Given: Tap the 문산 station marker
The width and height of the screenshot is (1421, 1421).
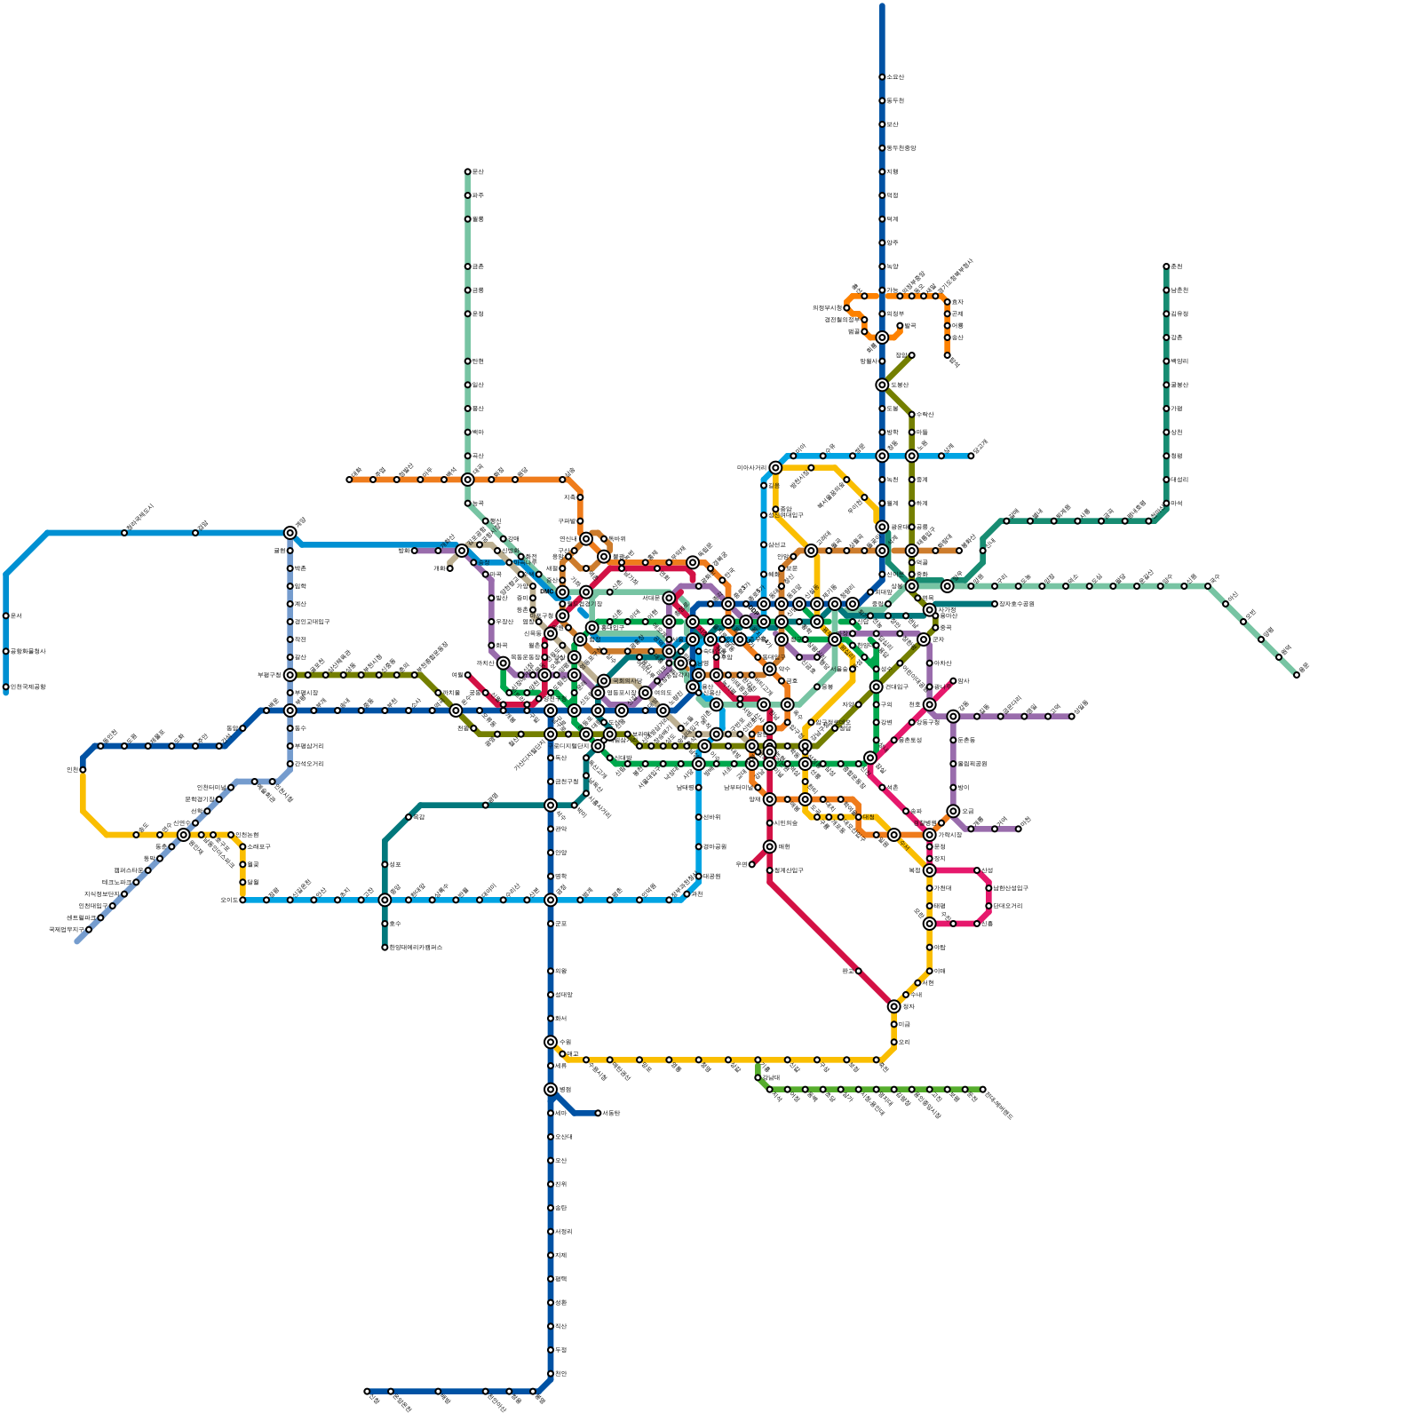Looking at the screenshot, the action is pyautogui.click(x=467, y=171).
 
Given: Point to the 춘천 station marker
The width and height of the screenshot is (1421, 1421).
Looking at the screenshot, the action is pyautogui.click(x=1166, y=266).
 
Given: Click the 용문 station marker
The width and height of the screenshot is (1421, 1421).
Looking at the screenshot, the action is pyautogui.click(x=1297, y=674).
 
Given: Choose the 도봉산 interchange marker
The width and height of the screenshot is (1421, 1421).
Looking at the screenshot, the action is pyautogui.click(x=882, y=385).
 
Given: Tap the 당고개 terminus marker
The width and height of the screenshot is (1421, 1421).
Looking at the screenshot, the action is pyautogui.click(x=971, y=456).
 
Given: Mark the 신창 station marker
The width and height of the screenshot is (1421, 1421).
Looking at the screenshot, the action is pyautogui.click(x=367, y=1391).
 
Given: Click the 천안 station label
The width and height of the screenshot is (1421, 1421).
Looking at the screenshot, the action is pyautogui.click(x=560, y=1374).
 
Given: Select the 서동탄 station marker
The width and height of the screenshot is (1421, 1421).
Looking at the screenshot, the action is pyautogui.click(x=598, y=1113).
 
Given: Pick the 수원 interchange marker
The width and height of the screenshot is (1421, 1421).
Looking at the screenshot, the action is pyautogui.click(x=551, y=1042).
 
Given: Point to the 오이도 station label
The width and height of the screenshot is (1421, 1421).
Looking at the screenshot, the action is pyautogui.click(x=228, y=900).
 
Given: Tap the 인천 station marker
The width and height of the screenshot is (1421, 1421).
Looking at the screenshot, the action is pyautogui.click(x=83, y=769).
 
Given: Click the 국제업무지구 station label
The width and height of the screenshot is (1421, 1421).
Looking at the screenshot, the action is pyautogui.click(x=67, y=930).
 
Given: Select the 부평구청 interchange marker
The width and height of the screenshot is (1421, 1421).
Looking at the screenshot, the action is pyautogui.click(x=290, y=675).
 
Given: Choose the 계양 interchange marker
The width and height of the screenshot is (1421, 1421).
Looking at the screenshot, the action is pyautogui.click(x=290, y=533).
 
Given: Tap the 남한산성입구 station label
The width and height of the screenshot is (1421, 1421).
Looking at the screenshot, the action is pyautogui.click(x=1010, y=888).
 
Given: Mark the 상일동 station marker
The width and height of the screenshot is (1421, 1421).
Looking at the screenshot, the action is pyautogui.click(x=1072, y=716).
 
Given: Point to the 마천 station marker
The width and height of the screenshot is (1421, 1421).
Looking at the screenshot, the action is pyautogui.click(x=1019, y=829).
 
